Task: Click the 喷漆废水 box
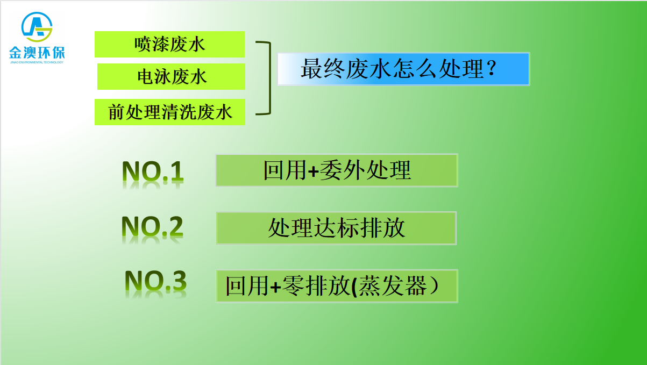[x=169, y=44]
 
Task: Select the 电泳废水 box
[x=171, y=76]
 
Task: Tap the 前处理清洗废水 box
[x=169, y=112]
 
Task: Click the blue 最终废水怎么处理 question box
[x=403, y=69]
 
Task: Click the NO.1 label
[x=153, y=171]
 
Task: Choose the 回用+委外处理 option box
[x=337, y=170]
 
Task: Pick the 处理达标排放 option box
[x=336, y=228]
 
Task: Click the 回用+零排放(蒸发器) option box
[x=337, y=286]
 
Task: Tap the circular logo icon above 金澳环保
[x=37, y=27]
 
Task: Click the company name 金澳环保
[x=37, y=53]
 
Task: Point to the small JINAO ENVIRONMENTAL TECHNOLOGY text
[x=37, y=62]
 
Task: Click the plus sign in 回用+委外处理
[x=313, y=171]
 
